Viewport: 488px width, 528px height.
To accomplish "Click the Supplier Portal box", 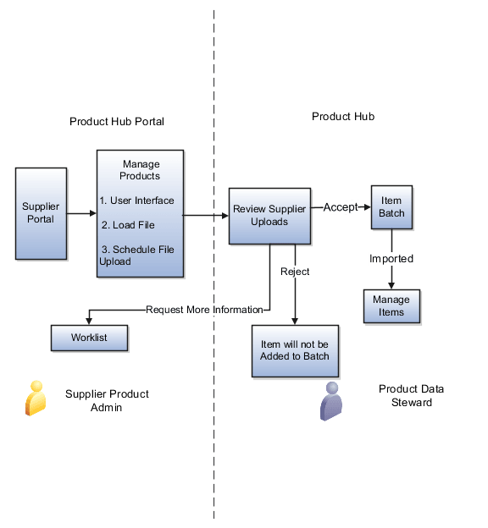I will (41, 213).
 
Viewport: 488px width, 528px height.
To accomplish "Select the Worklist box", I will (89, 338).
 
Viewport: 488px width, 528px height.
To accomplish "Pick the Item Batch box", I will (391, 207).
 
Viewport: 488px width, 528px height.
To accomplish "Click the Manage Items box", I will (391, 306).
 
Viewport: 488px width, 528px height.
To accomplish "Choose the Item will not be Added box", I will (294, 350).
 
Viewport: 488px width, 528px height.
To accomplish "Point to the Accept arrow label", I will (341, 207).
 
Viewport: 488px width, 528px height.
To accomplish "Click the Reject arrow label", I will (295, 272).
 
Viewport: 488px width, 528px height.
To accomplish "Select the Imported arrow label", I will (391, 258).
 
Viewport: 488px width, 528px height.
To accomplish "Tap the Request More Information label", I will (204, 310).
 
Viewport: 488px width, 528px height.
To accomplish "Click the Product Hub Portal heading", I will (116, 122).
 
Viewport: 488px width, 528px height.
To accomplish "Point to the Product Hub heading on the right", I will (343, 116).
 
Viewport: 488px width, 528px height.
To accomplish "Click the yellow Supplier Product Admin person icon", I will (35, 398).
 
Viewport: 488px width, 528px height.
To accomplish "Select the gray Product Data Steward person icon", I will (331, 400).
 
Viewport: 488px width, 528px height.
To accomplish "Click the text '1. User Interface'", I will (136, 201).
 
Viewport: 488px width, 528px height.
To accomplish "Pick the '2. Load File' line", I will (129, 225).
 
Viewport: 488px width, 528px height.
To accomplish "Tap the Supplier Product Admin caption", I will (107, 400).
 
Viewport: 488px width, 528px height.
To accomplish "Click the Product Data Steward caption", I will (412, 395).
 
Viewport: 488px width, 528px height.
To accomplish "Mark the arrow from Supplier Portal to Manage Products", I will (81, 213).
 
